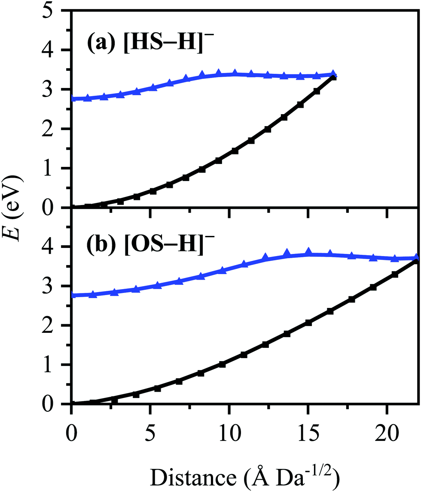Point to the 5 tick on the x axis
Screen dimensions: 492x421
pyautogui.click(x=150, y=423)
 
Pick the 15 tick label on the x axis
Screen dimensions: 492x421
pyautogui.click(x=308, y=423)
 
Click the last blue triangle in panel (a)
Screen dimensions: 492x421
pyautogui.click(x=333, y=75)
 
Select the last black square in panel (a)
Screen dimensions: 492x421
pyautogui.click(x=333, y=77)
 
